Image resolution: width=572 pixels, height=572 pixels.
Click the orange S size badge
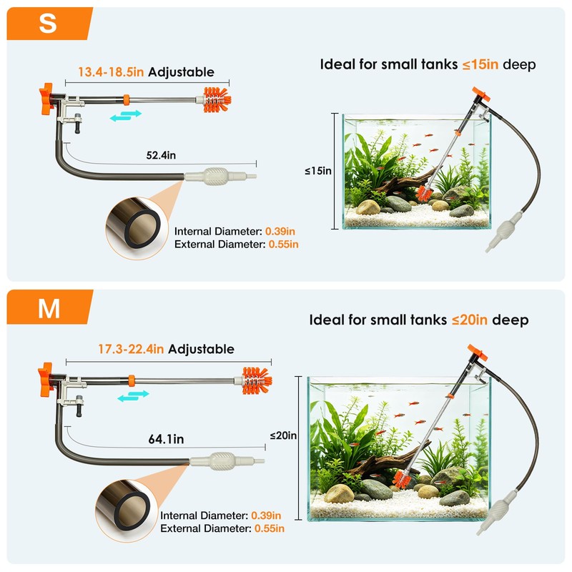point(49,24)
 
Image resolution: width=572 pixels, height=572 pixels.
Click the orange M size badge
point(49,307)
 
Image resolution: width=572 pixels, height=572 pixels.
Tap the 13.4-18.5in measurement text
point(111,72)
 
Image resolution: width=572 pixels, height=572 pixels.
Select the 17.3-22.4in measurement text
point(131,349)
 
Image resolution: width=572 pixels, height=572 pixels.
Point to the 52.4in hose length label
point(161,155)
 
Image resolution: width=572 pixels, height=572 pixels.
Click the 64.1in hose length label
point(166,439)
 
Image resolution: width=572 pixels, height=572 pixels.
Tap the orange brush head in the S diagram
point(217,99)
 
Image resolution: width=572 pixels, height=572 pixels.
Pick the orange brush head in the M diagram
point(257,381)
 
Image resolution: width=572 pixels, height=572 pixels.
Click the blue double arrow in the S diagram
point(126,115)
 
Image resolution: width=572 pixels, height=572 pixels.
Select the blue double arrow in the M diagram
point(133,396)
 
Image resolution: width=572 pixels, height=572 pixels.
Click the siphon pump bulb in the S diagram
point(216,176)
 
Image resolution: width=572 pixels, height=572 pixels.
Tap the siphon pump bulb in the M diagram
point(222,461)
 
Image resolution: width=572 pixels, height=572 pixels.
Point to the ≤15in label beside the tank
point(318,171)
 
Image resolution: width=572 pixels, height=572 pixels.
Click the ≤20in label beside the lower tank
point(283,435)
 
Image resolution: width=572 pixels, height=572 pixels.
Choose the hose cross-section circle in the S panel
point(138,229)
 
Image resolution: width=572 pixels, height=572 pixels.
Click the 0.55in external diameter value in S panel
point(283,244)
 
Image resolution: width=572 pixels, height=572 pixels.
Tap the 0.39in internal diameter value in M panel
point(266,516)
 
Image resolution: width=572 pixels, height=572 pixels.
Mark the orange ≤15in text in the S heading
point(480,64)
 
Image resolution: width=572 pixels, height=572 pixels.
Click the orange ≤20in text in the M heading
point(470,320)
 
